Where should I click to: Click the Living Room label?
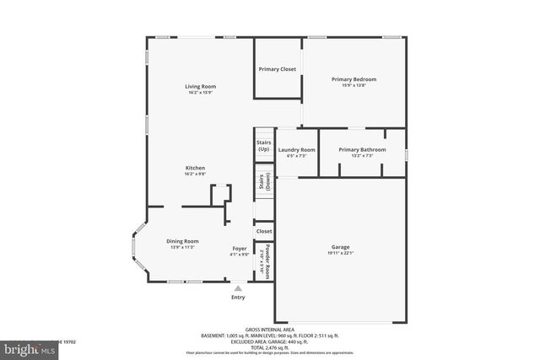[201, 86]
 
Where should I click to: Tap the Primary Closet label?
[278, 69]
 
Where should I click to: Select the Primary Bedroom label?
[354, 79]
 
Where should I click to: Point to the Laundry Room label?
[296, 149]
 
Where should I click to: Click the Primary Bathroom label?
[362, 149]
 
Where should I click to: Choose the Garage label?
[340, 247]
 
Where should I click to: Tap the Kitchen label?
[196, 168]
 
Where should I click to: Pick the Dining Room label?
[182, 241]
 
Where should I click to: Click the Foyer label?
[240, 250]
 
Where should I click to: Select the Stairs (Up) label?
[263, 146]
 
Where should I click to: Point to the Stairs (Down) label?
[264, 183]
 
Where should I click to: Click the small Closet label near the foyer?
[264, 231]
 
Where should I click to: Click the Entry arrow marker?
[238, 288]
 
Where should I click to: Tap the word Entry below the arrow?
[238, 298]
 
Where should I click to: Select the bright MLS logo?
[25, 347]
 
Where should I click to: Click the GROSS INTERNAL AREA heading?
[270, 330]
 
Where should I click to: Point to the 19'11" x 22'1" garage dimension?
[340, 253]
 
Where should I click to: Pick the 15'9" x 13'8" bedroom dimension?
[354, 85]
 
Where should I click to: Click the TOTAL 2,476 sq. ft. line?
[270, 347]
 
